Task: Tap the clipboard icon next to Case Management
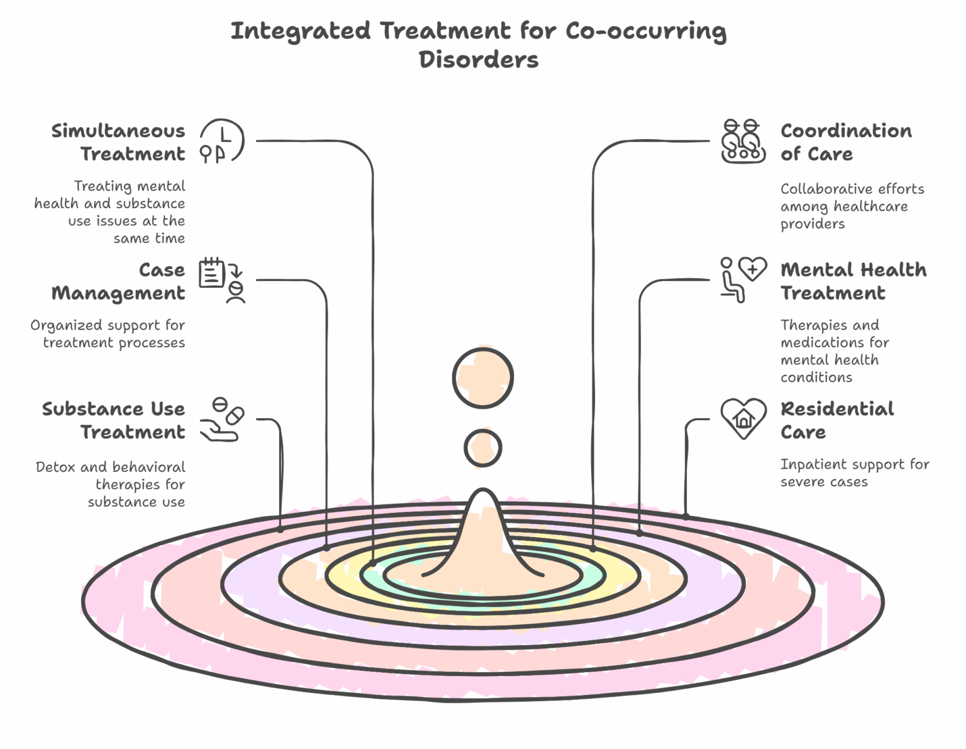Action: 221,280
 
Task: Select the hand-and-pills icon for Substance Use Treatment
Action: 221,419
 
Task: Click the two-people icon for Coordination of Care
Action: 743,141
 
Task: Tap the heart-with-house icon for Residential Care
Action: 743,419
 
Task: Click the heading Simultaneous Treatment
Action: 118,142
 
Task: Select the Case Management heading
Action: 118,281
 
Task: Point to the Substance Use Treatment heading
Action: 114,420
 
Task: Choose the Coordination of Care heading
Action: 845,142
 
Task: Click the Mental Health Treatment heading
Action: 853,281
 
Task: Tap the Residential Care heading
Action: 836,420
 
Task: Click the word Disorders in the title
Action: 479,60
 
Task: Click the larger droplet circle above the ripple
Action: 483,378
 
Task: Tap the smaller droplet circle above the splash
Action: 483,448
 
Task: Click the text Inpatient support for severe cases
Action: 854,473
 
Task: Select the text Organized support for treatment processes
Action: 108,334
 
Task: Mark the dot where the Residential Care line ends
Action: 686,516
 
